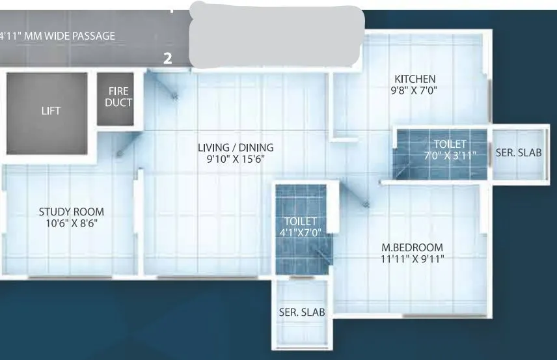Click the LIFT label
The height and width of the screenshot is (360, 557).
coord(51,111)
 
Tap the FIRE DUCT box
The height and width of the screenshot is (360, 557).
coord(118,98)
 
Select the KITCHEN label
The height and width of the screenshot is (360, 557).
coord(414,79)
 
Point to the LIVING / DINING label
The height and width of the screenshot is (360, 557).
coord(236,148)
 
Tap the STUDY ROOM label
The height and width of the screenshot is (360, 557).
coord(71,212)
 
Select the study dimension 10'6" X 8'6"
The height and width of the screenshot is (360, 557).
coord(72,223)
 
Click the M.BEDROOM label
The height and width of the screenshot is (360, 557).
coord(412,247)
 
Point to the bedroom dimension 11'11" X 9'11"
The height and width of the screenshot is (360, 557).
coord(412,258)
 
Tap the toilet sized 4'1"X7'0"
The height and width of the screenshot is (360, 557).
coord(300,227)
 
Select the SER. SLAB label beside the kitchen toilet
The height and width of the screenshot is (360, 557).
coord(519,154)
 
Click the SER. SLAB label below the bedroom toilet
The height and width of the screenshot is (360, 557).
coord(301,312)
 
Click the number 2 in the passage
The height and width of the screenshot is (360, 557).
coord(168,59)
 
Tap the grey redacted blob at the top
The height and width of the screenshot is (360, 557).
coord(277,36)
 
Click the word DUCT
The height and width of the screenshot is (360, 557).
coord(118,102)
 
